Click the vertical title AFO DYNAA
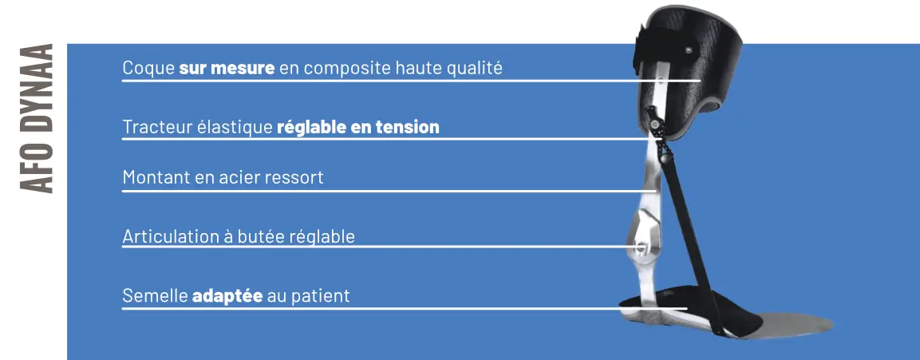tap(37, 118)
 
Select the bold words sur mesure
tap(227, 68)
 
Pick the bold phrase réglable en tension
tap(358, 128)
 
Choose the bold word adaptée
tap(227, 296)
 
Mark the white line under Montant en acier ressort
tap(389, 191)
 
